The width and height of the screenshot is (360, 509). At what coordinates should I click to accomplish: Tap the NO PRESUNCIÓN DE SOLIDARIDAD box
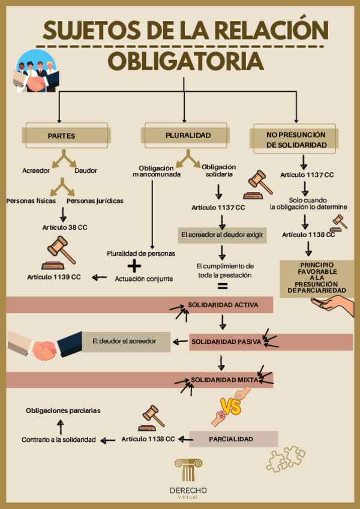pyautogui.click(x=296, y=140)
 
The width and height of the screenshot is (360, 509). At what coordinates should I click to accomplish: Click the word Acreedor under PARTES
pyautogui.click(x=36, y=170)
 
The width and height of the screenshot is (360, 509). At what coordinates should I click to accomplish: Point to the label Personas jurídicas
pyautogui.click(x=95, y=200)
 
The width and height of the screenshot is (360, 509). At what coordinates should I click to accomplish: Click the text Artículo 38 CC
pyautogui.click(x=65, y=227)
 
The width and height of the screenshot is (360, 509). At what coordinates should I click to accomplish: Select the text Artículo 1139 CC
pyautogui.click(x=54, y=277)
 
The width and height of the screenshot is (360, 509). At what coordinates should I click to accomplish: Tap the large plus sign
pyautogui.click(x=136, y=265)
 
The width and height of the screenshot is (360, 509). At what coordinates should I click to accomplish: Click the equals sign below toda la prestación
pyautogui.click(x=223, y=287)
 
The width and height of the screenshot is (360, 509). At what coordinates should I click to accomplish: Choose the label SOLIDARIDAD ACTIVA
pyautogui.click(x=223, y=305)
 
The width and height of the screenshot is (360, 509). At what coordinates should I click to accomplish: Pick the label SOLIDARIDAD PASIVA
pyautogui.click(x=226, y=342)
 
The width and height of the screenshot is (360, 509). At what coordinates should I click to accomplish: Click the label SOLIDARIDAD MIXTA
pyautogui.click(x=224, y=380)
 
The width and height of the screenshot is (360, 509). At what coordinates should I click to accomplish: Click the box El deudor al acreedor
pyautogui.click(x=125, y=341)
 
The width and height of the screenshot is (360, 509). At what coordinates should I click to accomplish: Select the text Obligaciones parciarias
pyautogui.click(x=63, y=411)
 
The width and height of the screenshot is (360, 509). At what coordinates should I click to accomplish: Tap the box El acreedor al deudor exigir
pyautogui.click(x=223, y=235)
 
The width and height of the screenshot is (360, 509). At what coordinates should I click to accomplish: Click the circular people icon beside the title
pyautogui.click(x=35, y=71)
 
